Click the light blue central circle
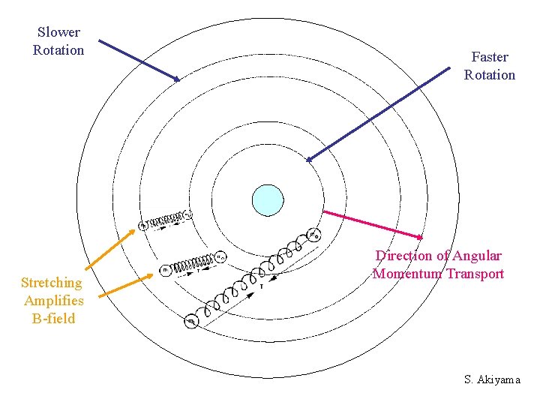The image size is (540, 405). tap(268, 200)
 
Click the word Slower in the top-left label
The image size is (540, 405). tap(58, 32)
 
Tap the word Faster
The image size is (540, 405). tap(490, 57)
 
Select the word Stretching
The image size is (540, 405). tap(52, 283)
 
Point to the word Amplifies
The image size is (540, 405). tap(53, 301)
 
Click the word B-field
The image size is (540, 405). tap(53, 318)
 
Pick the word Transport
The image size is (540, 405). tap(475, 274)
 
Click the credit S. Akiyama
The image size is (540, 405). tap(492, 379)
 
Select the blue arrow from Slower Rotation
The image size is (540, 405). tap(139, 60)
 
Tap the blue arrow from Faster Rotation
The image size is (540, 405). tap(379, 113)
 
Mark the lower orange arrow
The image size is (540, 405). tap(124, 287)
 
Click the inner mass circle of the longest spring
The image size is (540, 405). tap(314, 235)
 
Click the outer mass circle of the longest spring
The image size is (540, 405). tap(192, 322)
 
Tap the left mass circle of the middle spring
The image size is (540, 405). tap(166, 269)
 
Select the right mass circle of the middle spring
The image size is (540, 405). tap(220, 256)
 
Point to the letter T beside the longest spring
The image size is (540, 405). tap(261, 286)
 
